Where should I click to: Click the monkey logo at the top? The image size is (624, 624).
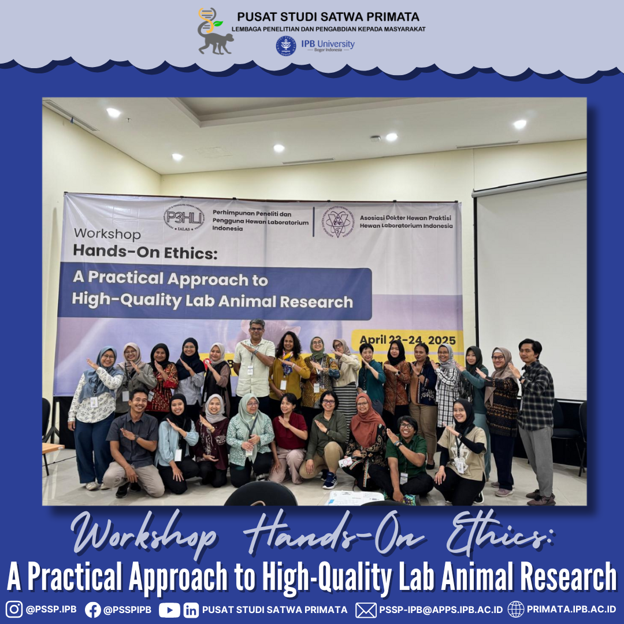coord(214,32)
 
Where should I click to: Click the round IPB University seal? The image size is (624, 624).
coord(286,46)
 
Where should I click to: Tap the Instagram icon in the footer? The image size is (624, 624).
coord(14,609)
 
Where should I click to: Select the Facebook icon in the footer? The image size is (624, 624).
coord(93,609)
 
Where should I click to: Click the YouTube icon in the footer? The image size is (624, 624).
coord(169,610)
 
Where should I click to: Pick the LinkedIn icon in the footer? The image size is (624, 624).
coord(191,610)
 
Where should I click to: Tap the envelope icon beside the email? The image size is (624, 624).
coord(366,610)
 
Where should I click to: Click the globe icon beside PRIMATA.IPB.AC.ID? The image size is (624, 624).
coord(516,609)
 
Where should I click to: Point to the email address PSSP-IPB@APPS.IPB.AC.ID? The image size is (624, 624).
coord(441,610)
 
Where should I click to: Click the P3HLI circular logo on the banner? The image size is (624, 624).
coord(184,219)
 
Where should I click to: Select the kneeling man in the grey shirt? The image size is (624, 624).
coord(133,442)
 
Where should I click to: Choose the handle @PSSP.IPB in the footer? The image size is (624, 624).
coord(51,610)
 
